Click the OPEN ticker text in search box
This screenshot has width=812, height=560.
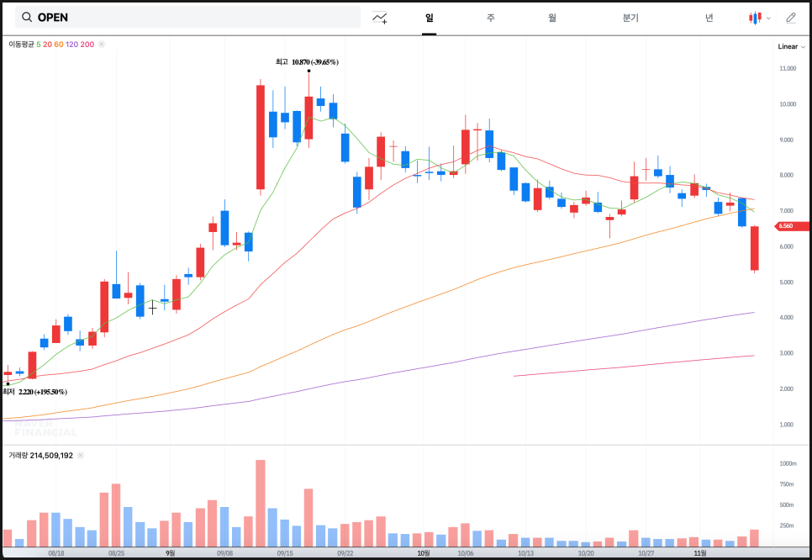point(53,18)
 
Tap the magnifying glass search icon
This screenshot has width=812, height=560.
point(27,18)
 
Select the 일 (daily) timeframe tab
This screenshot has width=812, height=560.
point(429,18)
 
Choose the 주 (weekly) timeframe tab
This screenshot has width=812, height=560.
point(490,18)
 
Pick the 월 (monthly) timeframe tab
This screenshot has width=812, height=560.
point(552,18)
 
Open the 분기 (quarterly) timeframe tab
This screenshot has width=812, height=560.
point(630,18)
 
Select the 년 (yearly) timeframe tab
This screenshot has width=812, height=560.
point(709,18)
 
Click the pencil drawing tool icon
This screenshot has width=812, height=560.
point(790,18)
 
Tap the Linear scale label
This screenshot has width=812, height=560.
point(788,47)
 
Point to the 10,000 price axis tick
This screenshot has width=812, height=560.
point(788,104)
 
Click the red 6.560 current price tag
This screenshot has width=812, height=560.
point(790,226)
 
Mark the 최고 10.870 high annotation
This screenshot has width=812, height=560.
point(307,61)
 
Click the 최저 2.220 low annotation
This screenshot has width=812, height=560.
point(34,392)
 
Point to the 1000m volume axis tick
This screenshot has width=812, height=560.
point(788,463)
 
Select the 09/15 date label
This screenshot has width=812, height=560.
point(285,553)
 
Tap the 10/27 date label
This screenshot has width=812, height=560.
point(646,553)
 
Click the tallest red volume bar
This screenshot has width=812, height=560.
point(261,505)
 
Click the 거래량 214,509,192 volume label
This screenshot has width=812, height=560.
point(40,455)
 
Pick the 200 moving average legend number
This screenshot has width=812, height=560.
point(87,44)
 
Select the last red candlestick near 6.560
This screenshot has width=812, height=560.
point(754,248)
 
